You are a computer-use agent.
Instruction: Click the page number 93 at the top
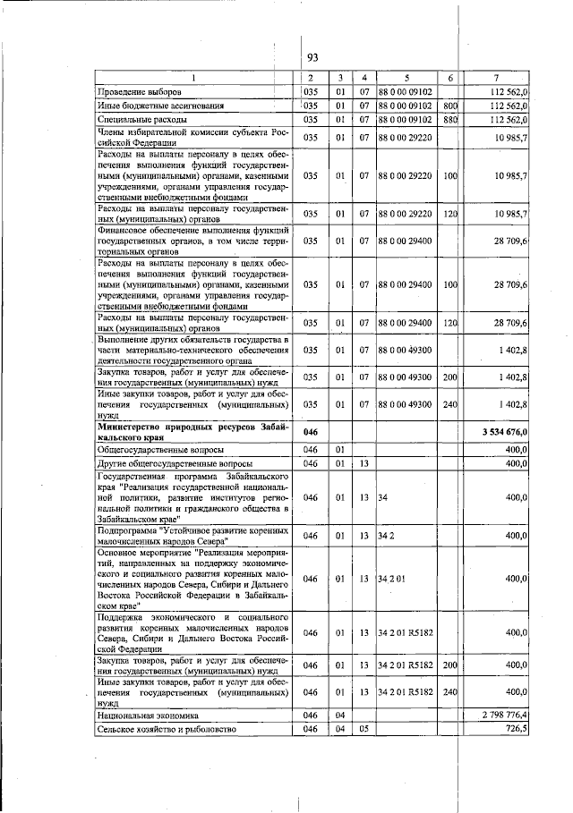click(313, 58)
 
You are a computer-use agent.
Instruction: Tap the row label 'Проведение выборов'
click(139, 91)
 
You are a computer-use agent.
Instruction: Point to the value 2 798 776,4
click(506, 716)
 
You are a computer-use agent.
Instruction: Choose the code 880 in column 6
click(450, 119)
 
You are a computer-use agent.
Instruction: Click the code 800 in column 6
click(450, 106)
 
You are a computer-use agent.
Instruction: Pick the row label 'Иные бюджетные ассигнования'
click(160, 106)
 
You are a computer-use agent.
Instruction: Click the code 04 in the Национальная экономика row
click(339, 716)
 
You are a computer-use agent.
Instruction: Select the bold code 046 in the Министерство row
click(312, 433)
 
